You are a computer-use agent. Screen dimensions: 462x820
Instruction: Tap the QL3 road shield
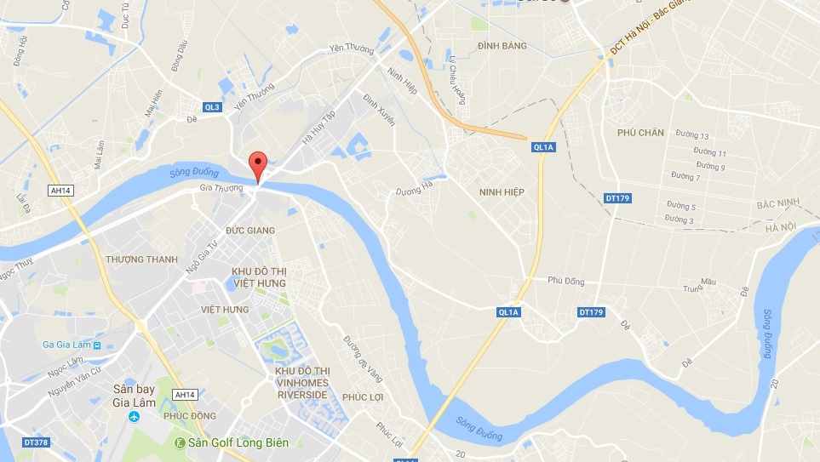tap(212, 106)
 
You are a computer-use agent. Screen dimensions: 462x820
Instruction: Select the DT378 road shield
tap(35, 442)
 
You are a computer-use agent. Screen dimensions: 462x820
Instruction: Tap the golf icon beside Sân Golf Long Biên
tap(180, 442)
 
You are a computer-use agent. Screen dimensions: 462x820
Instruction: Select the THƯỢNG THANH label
tap(142, 259)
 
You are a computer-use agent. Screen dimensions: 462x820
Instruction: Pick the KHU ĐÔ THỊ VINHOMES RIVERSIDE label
tap(302, 384)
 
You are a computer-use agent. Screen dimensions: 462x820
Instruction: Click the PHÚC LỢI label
tap(364, 396)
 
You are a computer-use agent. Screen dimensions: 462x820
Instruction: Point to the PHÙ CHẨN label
tap(640, 132)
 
